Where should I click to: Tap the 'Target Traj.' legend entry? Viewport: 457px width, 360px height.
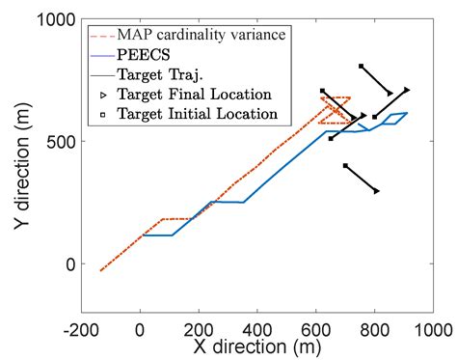coord(160,74)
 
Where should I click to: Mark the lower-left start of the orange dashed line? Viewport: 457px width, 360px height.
coord(100,271)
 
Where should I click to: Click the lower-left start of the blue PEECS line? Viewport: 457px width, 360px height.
coord(143,235)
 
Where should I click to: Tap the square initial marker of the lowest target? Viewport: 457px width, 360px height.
coord(345,166)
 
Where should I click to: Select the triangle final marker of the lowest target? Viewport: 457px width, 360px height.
coord(377,191)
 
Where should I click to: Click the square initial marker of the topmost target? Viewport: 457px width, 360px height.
coord(361,67)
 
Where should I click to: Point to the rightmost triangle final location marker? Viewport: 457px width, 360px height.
coord(407,90)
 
